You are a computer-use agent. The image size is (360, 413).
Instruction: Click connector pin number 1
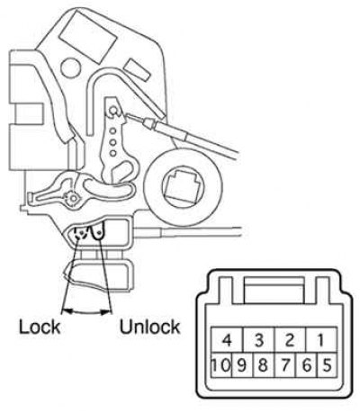pyautogui.click(x=321, y=340)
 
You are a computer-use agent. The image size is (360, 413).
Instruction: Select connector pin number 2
pyautogui.click(x=290, y=340)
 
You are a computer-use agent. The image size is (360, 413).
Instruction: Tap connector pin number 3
pyautogui.click(x=258, y=340)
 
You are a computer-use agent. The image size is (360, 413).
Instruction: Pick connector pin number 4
pyautogui.click(x=227, y=340)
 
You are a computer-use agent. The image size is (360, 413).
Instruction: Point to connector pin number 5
pyautogui.click(x=327, y=365)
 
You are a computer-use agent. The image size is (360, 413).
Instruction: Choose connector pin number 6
pyautogui.click(x=306, y=365)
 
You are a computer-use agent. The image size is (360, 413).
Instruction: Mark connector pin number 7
pyautogui.click(x=285, y=365)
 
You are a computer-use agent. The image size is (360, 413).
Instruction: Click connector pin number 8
pyautogui.click(x=264, y=365)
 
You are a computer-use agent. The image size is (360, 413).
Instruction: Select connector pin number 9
pyautogui.click(x=242, y=365)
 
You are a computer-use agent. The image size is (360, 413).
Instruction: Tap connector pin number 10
pyautogui.click(x=221, y=365)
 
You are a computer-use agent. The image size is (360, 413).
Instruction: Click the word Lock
pyautogui.click(x=40, y=327)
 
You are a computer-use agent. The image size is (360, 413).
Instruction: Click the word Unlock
pyautogui.click(x=149, y=327)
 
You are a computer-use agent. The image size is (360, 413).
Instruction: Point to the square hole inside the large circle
pyautogui.click(x=181, y=185)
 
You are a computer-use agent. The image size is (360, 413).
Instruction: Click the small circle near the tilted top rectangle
pyautogui.click(x=70, y=67)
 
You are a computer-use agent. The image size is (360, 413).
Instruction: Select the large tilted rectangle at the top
pyautogui.click(x=88, y=36)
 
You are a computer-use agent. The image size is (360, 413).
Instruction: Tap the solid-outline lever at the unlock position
pyautogui.click(x=98, y=231)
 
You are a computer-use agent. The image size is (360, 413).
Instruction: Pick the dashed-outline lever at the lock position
pyautogui.click(x=80, y=232)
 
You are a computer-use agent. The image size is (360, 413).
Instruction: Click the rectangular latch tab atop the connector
pyautogui.click(x=274, y=290)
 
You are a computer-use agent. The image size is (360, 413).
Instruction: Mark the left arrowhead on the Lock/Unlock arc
pyautogui.click(x=68, y=312)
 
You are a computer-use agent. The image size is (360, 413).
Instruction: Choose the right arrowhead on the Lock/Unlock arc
pyautogui.click(x=105, y=312)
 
